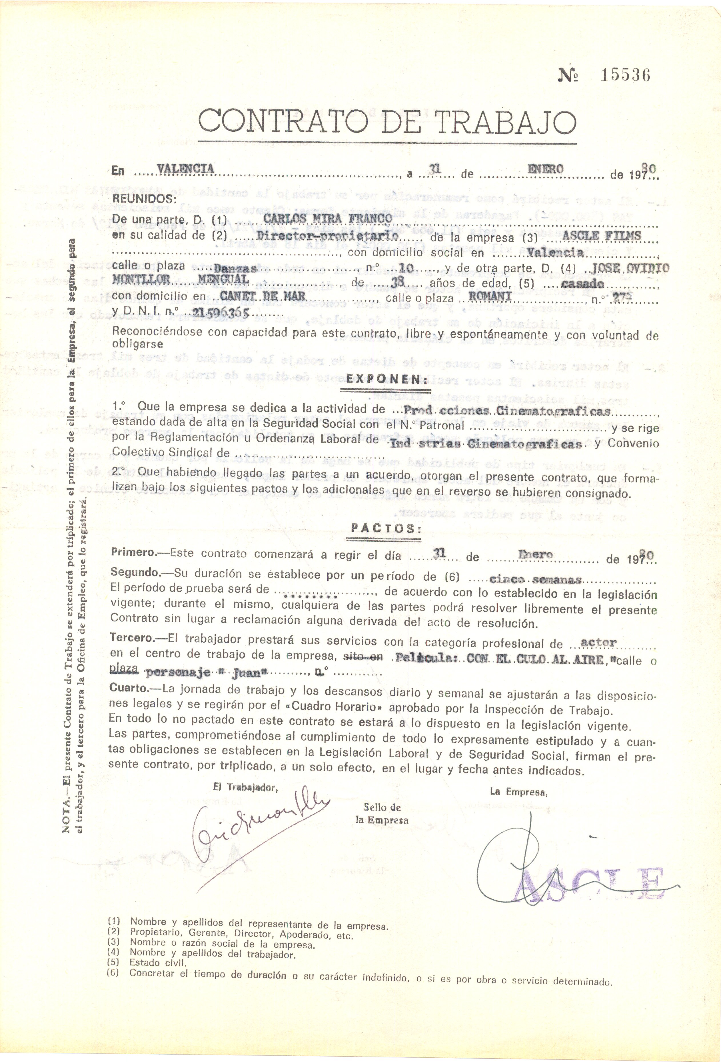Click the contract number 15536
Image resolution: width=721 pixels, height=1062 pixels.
(625, 75)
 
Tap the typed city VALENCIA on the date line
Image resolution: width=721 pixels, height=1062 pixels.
(185, 169)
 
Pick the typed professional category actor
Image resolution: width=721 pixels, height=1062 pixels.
(598, 643)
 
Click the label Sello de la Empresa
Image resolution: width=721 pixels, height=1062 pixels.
(382, 813)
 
